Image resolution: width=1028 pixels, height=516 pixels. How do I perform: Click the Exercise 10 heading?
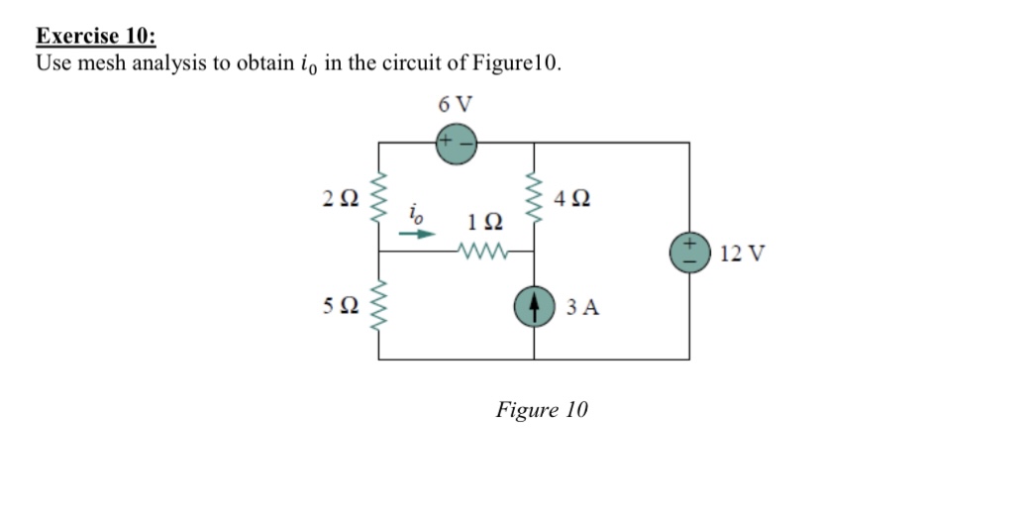point(96,37)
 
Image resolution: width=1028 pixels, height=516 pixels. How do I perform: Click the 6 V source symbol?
point(456,143)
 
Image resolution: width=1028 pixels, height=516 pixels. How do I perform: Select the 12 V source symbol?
point(688,252)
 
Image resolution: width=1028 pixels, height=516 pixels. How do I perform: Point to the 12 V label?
point(742,254)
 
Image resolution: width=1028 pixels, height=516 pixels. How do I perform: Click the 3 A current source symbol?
point(535,305)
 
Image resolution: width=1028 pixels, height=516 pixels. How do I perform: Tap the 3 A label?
point(583,307)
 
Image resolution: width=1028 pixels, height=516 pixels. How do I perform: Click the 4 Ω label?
point(575,197)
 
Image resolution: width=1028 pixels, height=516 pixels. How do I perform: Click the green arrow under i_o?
point(422,236)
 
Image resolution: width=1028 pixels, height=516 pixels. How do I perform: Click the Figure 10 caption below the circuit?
point(542,409)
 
